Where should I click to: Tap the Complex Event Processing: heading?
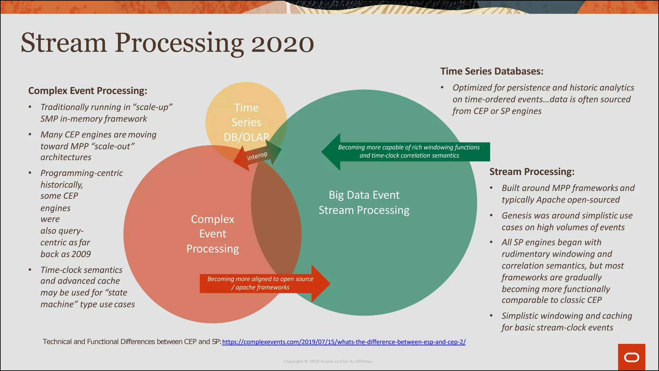[88, 91]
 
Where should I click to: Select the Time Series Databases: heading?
[492, 71]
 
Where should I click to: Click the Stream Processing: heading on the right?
[532, 172]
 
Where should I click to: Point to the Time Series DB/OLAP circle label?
[246, 122]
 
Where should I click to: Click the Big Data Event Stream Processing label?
[364, 203]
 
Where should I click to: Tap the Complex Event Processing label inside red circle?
[212, 234]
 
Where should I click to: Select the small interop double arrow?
[257, 156]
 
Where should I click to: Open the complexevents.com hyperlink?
[344, 342]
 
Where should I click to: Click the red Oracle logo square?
[631, 357]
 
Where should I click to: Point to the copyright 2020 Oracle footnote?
[328, 361]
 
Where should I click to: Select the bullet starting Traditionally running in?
[106, 113]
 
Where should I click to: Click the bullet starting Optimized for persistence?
[543, 99]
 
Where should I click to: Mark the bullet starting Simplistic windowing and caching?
[566, 321]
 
